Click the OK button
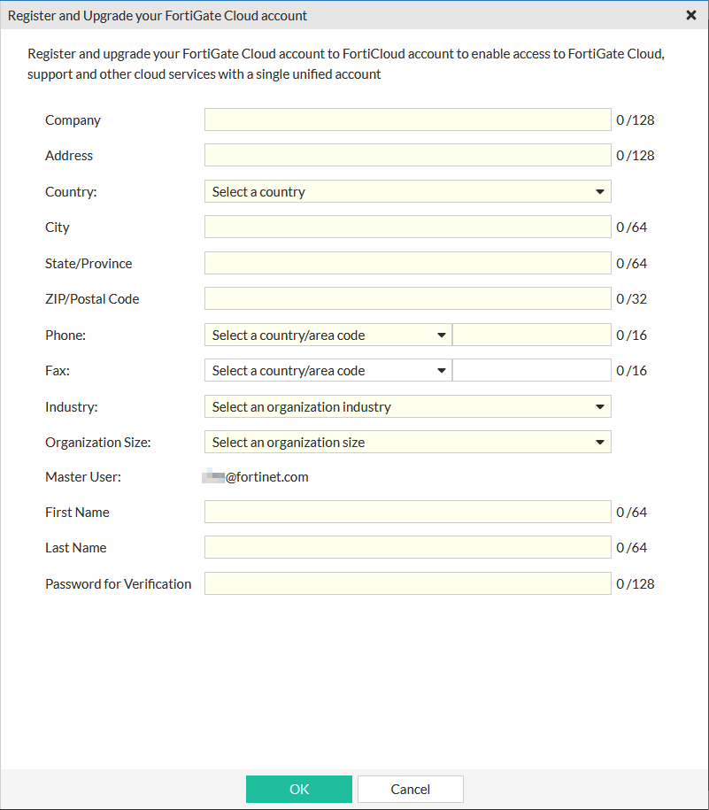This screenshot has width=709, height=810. (x=299, y=789)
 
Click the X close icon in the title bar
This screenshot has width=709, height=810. (x=690, y=15)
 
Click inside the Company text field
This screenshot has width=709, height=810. (x=407, y=120)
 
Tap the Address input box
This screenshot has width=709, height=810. (x=407, y=156)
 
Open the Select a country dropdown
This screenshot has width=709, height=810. (x=407, y=191)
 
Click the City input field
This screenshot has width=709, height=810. (x=407, y=228)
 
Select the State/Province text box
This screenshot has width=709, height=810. (x=407, y=263)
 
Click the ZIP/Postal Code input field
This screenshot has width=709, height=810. (x=407, y=299)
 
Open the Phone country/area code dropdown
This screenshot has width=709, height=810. (x=328, y=335)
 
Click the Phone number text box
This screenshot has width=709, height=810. (x=531, y=335)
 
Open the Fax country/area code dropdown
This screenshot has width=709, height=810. (x=328, y=371)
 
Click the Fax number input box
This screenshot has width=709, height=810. (x=531, y=371)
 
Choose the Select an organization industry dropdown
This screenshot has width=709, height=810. (x=407, y=406)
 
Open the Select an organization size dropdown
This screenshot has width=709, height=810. (x=407, y=443)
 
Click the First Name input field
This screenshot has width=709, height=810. (x=407, y=513)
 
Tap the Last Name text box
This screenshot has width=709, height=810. (x=407, y=548)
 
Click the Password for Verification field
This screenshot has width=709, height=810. (x=407, y=583)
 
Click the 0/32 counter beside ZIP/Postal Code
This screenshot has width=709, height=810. (x=632, y=299)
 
